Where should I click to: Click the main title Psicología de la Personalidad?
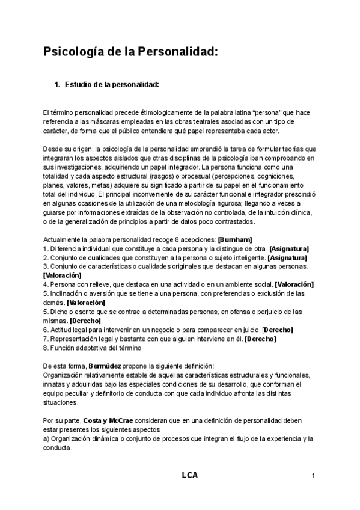pos(129,52)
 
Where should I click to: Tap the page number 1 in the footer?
pos(314,476)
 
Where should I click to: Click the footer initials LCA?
pos(189,475)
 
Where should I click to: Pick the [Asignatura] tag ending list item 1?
pos(288,249)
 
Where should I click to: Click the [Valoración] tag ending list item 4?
pos(293,284)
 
